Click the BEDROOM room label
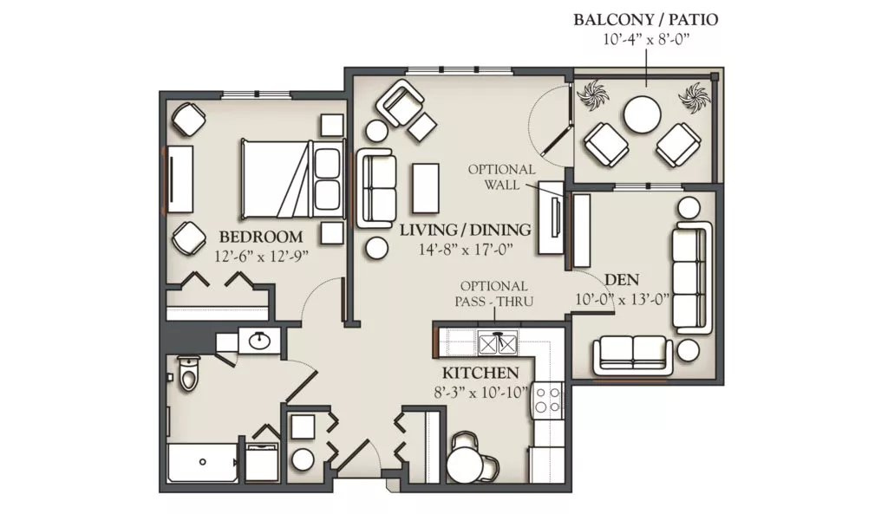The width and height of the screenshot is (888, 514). coord(261,237)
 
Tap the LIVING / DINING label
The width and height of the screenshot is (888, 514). coord(465,230)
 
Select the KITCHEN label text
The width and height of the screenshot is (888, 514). coord(480,374)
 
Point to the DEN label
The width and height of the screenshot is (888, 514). coord(622,280)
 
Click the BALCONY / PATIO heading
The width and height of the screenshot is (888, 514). coord(645,20)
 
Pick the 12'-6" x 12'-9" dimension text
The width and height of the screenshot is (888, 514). coord(261,257)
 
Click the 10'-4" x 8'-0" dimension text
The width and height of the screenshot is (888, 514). coord(645,40)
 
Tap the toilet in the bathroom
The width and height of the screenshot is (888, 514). coord(187,373)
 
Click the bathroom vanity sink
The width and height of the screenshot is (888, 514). coord(259,341)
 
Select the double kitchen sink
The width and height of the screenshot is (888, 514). coord(497,342)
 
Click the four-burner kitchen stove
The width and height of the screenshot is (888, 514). coord(546,399)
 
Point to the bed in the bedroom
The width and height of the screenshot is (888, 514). coord(292,179)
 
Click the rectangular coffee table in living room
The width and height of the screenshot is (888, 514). coord(425,188)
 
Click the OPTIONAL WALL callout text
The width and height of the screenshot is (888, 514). coord(502,177)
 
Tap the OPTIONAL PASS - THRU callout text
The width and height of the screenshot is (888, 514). coord(493,294)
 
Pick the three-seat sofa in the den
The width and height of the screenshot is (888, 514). coord(691,277)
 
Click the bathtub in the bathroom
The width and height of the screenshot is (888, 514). coord(203,462)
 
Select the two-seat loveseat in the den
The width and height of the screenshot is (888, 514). coord(632,355)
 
